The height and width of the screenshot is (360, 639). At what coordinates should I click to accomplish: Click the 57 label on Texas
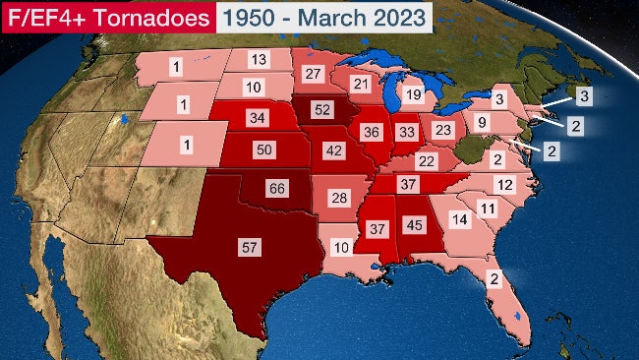point(251,247)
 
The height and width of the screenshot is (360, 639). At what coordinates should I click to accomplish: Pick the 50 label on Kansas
point(262,150)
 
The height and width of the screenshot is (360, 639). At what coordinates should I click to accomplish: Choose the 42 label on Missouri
point(334,151)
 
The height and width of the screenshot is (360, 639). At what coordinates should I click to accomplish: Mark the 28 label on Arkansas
point(340,198)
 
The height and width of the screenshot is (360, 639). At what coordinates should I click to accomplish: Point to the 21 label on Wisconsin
point(362,85)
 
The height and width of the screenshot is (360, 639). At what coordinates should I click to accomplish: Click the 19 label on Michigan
point(413,94)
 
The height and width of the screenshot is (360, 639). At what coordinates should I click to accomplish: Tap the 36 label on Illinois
point(371,131)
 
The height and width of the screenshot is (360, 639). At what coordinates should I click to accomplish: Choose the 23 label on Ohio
point(443,129)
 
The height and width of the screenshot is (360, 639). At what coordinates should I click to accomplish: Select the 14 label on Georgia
point(457,220)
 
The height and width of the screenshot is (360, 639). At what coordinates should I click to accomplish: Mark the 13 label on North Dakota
point(259,59)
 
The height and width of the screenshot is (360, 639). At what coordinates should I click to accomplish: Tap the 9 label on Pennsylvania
point(482,123)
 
